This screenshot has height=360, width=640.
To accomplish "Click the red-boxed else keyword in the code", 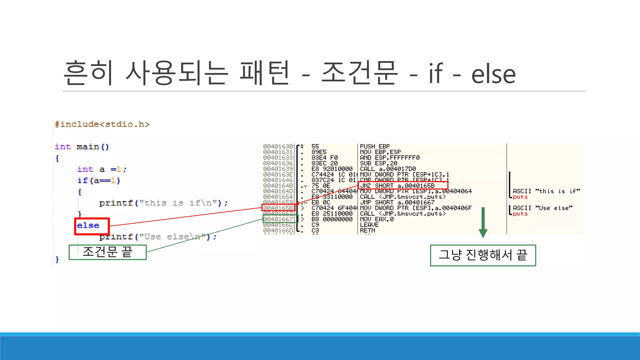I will point(88,226).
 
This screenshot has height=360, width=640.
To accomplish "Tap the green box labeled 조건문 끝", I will point(107,252).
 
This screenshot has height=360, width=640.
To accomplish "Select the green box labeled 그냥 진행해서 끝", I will point(483,255).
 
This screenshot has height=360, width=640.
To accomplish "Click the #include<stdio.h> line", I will point(102,124).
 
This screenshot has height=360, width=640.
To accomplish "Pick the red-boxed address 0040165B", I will point(278,208).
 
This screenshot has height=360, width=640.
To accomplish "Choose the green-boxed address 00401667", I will point(278,219).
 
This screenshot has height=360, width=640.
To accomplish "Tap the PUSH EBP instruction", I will point(375,146).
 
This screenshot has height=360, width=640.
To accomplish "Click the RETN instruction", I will point(367,230).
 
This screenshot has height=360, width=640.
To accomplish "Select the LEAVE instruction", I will point(369,225).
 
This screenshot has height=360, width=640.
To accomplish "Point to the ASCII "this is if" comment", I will point(546,191).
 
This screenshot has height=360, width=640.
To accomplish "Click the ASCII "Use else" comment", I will point(542,208).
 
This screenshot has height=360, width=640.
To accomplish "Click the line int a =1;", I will point(102,169).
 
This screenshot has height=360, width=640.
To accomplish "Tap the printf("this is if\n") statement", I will point(163,203).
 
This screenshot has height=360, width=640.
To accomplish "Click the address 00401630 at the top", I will point(278,146).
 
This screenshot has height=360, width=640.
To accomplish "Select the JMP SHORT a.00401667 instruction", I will point(397,202).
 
